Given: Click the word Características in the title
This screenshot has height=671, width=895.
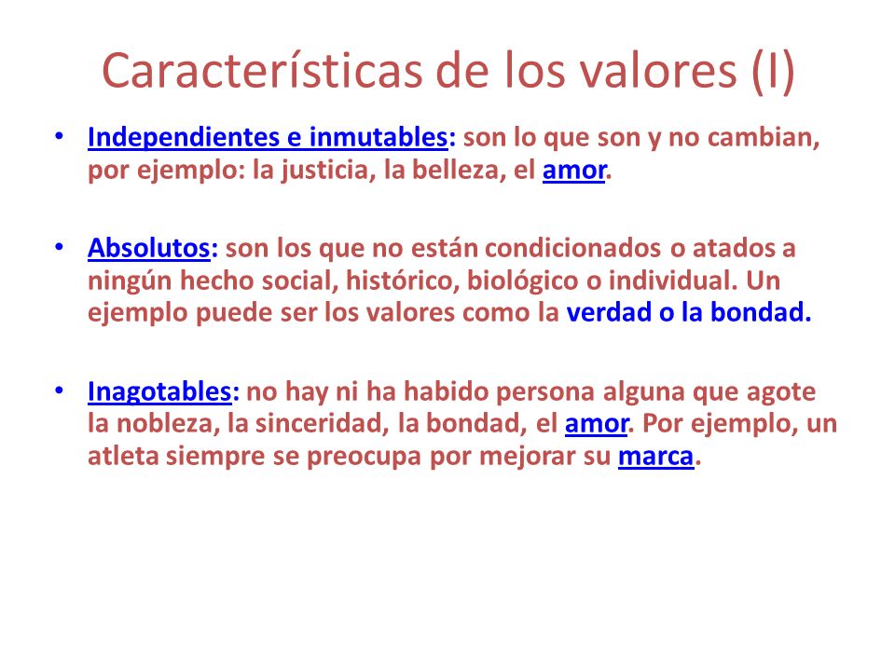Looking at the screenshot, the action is (x=262, y=71).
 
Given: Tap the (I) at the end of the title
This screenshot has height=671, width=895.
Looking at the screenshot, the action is (x=773, y=72).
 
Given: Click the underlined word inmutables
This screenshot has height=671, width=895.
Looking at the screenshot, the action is (x=378, y=138).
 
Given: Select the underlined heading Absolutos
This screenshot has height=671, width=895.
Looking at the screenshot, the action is (x=149, y=248).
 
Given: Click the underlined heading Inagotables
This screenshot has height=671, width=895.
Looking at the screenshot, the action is (x=159, y=392).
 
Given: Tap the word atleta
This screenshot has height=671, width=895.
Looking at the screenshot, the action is (x=123, y=457).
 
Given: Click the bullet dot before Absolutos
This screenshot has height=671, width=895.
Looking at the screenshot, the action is (x=59, y=247).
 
